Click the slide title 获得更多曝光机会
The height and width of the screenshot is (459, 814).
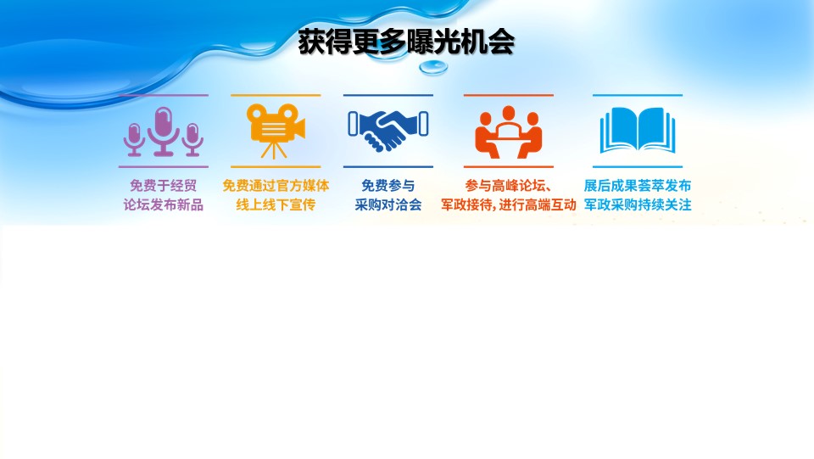click(x=406, y=42)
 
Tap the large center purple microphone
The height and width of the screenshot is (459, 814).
click(x=164, y=131)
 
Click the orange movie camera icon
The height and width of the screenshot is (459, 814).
click(x=275, y=131)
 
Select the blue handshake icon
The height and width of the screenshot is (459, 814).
click(x=387, y=130)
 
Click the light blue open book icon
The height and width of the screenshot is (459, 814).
click(x=638, y=131)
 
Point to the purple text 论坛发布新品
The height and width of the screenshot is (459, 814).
click(x=163, y=205)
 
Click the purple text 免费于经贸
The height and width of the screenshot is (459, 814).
click(x=163, y=185)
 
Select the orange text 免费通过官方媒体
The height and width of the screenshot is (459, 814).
click(x=276, y=185)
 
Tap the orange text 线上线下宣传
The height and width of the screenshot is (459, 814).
click(x=276, y=205)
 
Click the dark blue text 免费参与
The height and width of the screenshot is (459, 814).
click(x=387, y=185)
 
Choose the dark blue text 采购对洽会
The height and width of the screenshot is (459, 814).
click(x=387, y=205)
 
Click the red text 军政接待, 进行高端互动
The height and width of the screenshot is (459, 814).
click(x=508, y=205)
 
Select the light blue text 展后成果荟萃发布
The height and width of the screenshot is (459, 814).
click(x=638, y=185)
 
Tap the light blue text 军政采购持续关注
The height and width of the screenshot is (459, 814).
click(x=638, y=205)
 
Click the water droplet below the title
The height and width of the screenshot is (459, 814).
click(x=433, y=67)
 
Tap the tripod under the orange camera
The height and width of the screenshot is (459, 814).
click(x=274, y=149)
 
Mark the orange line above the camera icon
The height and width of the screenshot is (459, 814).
click(x=276, y=95)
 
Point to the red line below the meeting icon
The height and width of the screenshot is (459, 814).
click(x=508, y=167)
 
